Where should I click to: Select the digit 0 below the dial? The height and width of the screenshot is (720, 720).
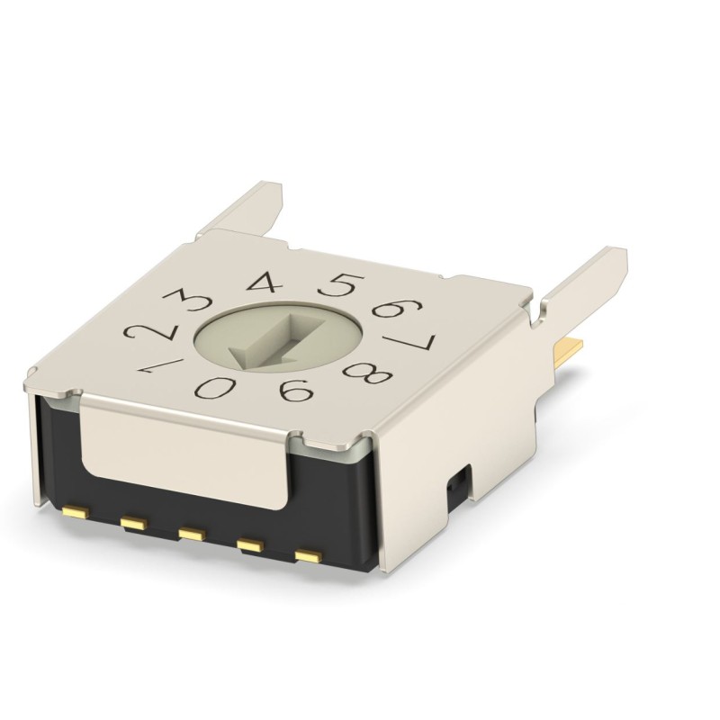(215, 388)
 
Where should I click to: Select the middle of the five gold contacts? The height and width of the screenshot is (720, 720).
(190, 534)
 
